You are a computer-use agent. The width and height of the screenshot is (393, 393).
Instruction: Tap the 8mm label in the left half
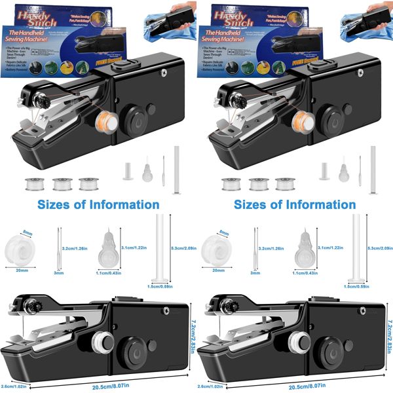pos(28,233)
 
